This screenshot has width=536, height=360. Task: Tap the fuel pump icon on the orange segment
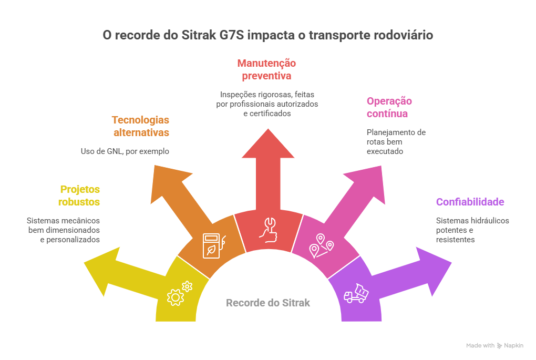[213, 244]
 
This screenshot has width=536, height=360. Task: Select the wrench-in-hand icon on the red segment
[268, 230]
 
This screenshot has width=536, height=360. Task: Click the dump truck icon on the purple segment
[356, 293]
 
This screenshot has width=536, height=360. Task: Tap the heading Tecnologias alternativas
[140, 126]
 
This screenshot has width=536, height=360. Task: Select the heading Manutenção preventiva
[266, 69]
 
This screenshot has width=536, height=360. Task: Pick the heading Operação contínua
[389, 107]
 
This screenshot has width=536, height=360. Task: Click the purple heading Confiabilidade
[470, 202]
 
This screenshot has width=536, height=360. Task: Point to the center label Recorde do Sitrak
[267, 303]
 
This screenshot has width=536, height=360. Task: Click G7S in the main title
[227, 36]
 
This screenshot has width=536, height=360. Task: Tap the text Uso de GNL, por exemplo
[125, 151]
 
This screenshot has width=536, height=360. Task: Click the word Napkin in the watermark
[513, 345]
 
